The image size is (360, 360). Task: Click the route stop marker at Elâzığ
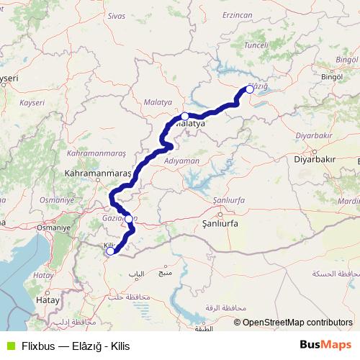250,89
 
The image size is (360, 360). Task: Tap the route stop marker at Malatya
185,116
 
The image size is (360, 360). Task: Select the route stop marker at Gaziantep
128,219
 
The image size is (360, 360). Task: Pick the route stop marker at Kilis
109,251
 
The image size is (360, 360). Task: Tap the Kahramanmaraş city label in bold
97,174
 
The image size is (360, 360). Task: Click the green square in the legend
9,345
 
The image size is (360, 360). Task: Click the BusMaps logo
321,345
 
